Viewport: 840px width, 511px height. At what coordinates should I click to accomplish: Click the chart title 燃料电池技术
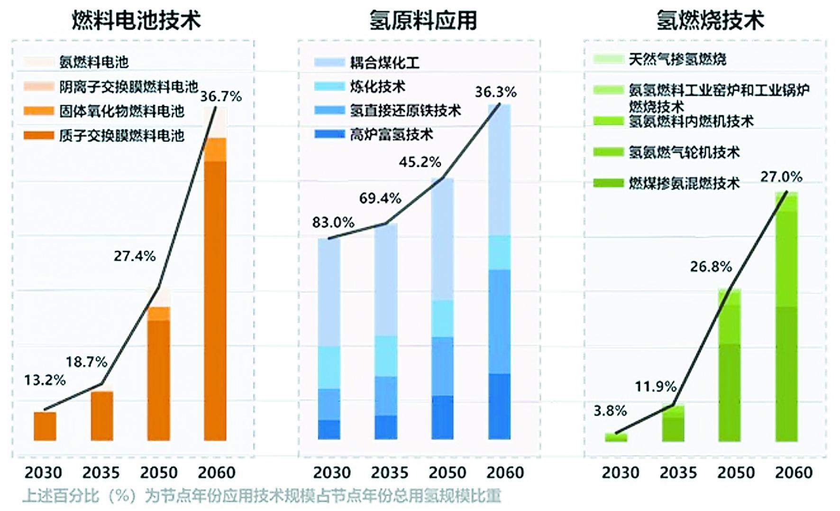(x=136, y=20)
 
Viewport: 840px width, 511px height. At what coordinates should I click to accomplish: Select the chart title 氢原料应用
(x=423, y=20)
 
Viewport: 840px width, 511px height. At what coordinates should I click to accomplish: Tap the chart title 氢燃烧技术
(x=710, y=20)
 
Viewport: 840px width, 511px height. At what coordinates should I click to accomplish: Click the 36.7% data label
(x=221, y=96)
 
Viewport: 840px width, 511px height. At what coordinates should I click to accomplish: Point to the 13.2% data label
(x=45, y=380)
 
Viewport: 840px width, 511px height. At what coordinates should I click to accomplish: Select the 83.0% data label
(x=333, y=222)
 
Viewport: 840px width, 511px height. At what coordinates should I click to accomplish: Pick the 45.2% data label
(x=420, y=162)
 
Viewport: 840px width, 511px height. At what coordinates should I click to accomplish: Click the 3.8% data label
(x=610, y=410)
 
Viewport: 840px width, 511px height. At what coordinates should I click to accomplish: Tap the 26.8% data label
(x=711, y=267)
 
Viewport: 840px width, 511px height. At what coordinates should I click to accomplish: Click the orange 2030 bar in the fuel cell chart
(x=45, y=426)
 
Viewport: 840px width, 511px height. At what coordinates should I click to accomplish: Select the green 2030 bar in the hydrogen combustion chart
(x=616, y=437)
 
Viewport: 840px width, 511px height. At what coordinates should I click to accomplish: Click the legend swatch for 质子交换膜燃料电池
(x=39, y=136)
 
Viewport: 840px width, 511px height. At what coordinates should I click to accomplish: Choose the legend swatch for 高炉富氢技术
(x=329, y=135)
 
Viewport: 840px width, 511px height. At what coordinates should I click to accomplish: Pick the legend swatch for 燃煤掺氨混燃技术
(x=608, y=183)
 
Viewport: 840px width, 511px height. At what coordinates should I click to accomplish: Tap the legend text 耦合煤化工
(x=384, y=63)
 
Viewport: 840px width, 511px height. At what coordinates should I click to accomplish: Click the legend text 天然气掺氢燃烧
(x=677, y=59)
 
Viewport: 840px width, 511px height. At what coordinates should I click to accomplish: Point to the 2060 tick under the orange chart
(x=216, y=473)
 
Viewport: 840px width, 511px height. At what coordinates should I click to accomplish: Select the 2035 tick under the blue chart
(x=389, y=473)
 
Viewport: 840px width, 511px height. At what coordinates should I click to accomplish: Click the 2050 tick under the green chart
(x=736, y=473)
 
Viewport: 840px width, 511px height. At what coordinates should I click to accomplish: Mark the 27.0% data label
(x=781, y=177)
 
